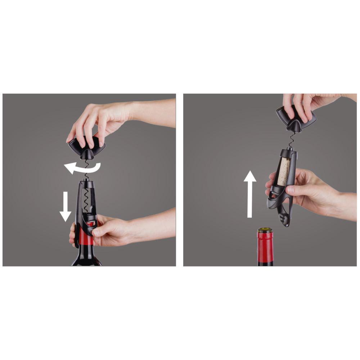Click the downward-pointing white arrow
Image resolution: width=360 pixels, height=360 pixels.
point(65,207)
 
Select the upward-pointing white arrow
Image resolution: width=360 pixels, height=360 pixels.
point(249,194)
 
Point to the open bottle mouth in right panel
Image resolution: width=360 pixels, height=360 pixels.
point(265,229)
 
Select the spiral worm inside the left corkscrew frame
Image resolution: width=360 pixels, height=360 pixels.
point(86,202)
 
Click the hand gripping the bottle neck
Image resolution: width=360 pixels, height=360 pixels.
point(108,230)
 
